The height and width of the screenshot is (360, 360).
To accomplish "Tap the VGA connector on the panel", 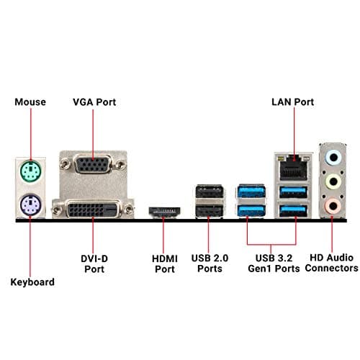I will pos(93,166).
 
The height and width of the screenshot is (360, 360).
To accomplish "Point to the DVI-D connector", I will pos(93,210).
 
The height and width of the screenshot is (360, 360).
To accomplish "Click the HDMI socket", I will pos(163,212).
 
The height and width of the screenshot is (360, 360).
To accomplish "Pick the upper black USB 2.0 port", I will pos(207,193).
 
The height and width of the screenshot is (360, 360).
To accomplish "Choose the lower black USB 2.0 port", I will pos(207,211).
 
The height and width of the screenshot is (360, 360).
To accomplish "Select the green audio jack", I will pos(332,182).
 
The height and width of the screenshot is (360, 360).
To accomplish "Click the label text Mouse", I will pos(30,102).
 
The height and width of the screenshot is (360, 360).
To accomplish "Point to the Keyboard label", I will pos(32,282).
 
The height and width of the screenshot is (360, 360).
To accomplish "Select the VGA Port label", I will pos(95,102).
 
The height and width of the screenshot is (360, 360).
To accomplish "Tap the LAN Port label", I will pos(292,102).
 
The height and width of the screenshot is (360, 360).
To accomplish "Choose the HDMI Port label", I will pos(165,262).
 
